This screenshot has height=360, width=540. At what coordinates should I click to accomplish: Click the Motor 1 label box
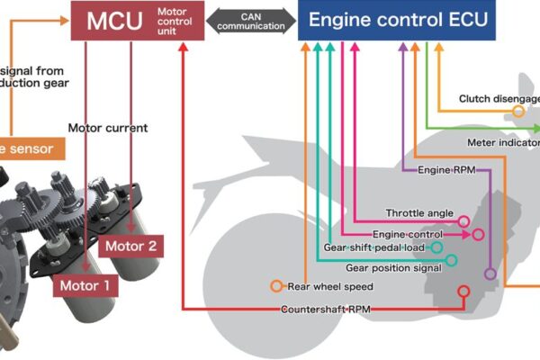click(x=85, y=286)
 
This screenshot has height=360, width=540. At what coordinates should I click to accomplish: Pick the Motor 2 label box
click(x=130, y=245)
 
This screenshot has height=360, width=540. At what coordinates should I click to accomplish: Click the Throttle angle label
click(x=419, y=212)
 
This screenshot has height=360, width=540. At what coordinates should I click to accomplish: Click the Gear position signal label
click(x=393, y=266)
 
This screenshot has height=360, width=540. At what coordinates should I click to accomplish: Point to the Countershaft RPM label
click(x=325, y=310)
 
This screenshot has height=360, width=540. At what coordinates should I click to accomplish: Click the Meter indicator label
click(x=504, y=142)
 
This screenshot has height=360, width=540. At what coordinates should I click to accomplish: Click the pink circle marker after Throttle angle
click(x=463, y=220)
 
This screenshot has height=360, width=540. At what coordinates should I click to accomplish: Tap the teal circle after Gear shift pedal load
click(x=436, y=247)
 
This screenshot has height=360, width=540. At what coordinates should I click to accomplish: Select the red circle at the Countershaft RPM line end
click(x=463, y=292)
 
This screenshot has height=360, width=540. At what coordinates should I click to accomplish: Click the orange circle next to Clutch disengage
click(x=518, y=111)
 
